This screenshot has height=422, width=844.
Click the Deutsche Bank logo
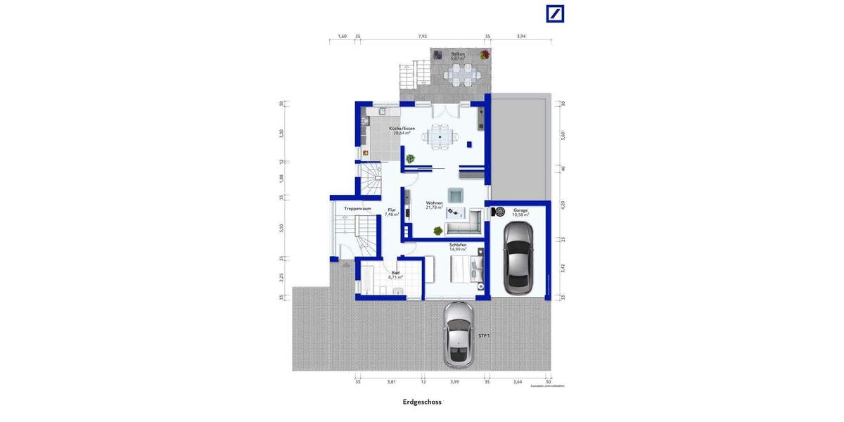554,13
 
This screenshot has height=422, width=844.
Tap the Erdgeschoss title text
422,403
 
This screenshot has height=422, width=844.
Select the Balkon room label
459,55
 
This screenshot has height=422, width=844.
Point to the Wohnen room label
434,205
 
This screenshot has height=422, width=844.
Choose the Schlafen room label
458,247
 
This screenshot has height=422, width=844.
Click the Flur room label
392,212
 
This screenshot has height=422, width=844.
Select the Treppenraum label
357,209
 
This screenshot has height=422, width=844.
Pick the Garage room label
520,212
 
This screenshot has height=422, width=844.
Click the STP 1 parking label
483,336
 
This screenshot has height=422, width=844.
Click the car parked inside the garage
518,265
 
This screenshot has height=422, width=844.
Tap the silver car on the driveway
458,334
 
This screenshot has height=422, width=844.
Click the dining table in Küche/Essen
441,137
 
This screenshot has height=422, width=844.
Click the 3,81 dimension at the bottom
391,382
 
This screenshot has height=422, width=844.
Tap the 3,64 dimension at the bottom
518,382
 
